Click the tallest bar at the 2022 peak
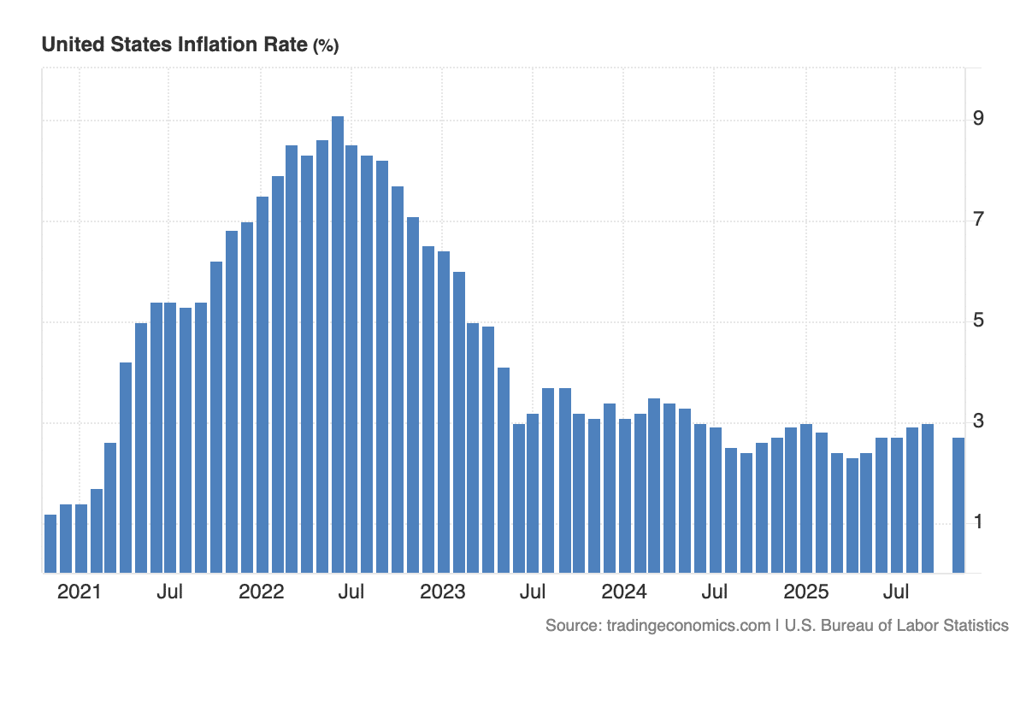338,342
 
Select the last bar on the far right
958,504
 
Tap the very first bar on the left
50,543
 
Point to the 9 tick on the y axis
978,118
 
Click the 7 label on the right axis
978,220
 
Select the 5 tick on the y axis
978,321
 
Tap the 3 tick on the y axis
978,421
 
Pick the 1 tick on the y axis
978,522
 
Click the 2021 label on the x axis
79,592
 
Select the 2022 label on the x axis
261,592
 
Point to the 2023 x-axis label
442,592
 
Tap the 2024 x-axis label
624,592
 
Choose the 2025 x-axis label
806,592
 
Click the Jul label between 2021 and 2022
169,592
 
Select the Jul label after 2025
896,592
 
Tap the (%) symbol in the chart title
326,47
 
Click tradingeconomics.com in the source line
687,626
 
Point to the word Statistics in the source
969,626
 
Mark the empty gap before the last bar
943,513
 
